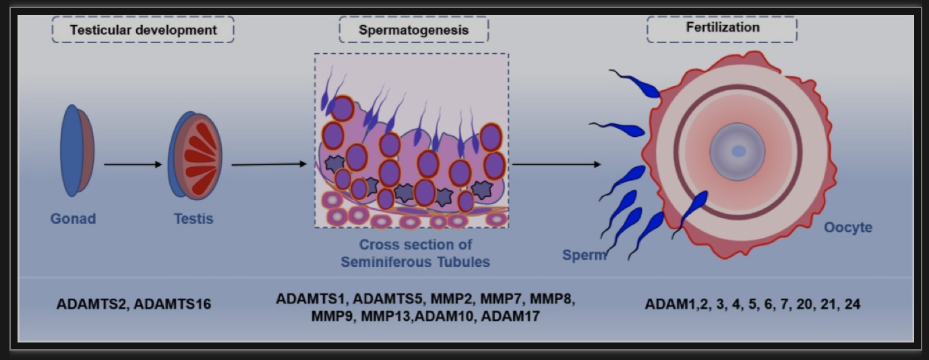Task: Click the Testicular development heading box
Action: pos(143,30)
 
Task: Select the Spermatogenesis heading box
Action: pos(414,30)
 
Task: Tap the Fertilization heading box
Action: pos(722,29)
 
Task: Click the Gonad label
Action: pos(73,218)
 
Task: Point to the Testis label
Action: pos(193,218)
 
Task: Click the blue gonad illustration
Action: pos(77,150)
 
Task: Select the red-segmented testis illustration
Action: pos(195,156)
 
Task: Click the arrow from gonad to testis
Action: pos(133,164)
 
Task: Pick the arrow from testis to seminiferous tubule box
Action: pos(269,164)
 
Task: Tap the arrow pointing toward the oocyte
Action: pos(557,164)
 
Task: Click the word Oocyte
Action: pos(848,227)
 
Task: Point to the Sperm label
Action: pos(585,255)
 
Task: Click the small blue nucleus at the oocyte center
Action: pos(738,152)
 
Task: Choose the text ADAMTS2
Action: pos(91,304)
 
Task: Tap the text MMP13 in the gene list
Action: pos(386,316)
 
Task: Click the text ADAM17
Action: pos(510,316)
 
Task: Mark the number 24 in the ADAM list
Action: pos(852,304)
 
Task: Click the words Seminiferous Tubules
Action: pos(415,262)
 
